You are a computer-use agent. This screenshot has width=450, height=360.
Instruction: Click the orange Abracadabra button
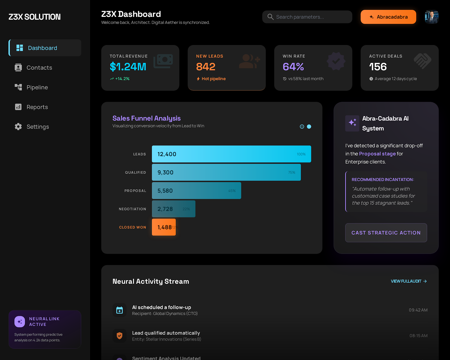coord(388,17)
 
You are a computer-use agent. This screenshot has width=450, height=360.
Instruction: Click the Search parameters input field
coord(307,17)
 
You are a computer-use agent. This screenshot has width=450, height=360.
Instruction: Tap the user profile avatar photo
coord(431,17)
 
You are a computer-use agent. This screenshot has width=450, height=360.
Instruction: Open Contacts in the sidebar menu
coord(39,68)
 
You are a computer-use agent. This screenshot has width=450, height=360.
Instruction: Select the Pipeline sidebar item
coord(37,87)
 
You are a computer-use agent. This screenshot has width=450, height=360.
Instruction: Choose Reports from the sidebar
coord(37,107)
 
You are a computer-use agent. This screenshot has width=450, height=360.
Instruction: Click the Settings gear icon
coord(18,127)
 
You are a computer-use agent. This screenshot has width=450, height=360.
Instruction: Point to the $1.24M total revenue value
coord(128,67)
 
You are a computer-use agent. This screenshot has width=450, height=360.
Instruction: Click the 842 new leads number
coord(206,67)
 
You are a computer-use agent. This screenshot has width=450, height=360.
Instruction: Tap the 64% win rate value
coord(293,67)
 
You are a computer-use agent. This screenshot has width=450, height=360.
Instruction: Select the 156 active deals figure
coord(378,67)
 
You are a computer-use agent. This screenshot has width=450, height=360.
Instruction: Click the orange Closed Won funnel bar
coord(164,227)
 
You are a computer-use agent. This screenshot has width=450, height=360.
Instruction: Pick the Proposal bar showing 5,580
coord(196,191)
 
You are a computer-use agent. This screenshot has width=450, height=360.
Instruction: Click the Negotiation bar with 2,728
coord(174,209)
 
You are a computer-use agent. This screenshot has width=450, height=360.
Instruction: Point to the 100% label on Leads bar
coord(301,154)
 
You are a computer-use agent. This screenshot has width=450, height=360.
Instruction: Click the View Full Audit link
coord(409,281)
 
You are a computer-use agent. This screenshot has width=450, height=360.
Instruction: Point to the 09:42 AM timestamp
coord(418,310)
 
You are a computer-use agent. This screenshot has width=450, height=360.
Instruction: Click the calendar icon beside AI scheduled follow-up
coord(120,310)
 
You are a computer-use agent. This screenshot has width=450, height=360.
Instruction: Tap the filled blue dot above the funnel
coord(309,127)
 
